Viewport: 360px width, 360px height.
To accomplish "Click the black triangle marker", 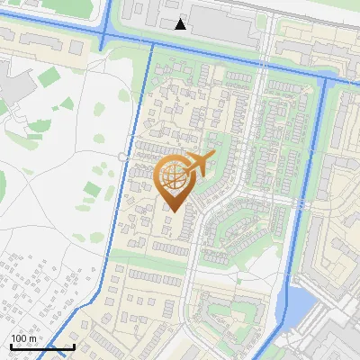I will [181, 24].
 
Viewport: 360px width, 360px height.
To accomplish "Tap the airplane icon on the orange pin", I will [199, 165].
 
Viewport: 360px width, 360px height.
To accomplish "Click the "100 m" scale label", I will [24, 338].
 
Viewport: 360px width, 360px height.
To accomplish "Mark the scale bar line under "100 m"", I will [42, 346].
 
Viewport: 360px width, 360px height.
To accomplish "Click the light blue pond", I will [298, 306].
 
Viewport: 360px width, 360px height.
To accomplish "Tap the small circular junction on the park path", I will [121, 157].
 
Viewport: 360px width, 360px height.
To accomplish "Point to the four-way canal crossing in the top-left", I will [103, 37].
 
